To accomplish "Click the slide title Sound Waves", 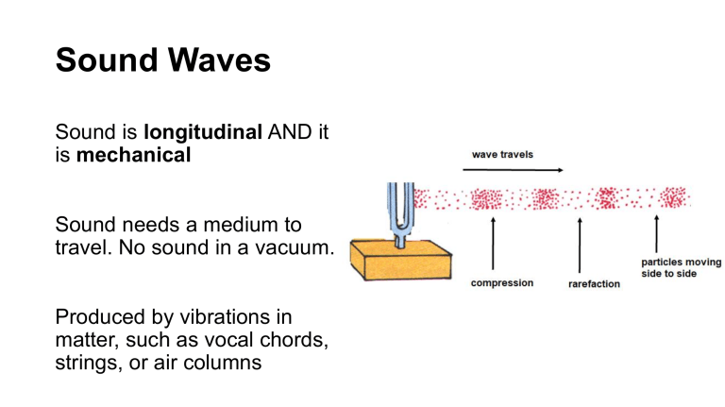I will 162,60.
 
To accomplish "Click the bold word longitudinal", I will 202,133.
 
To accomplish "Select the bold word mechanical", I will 133,155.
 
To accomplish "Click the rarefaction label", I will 594,283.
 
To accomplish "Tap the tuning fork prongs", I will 401,203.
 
